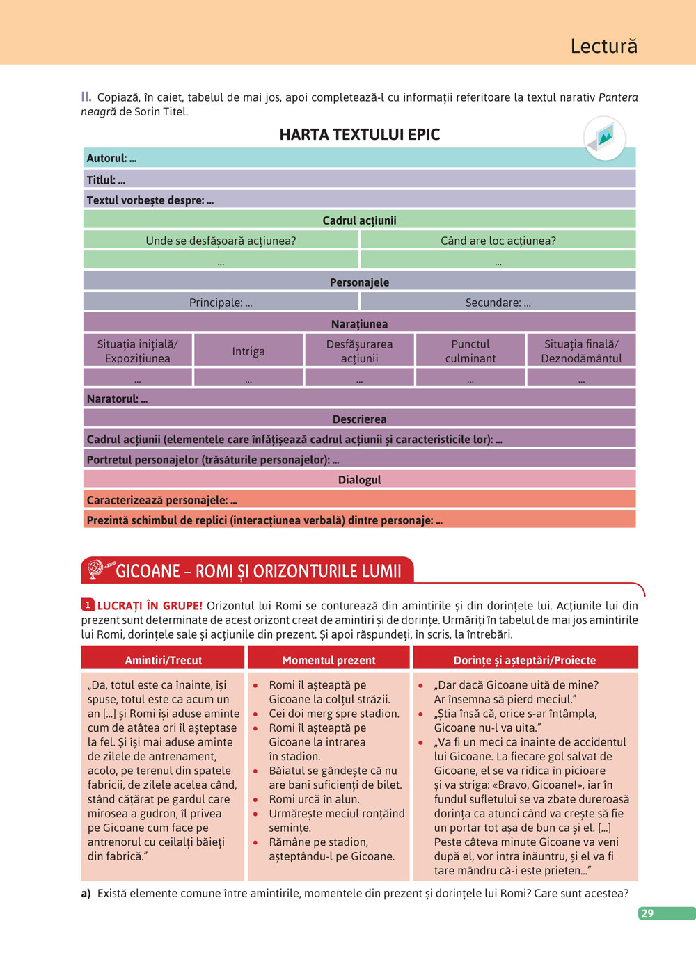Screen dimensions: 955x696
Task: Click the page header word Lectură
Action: click(603, 46)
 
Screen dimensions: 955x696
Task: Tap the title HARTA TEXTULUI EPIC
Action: click(359, 134)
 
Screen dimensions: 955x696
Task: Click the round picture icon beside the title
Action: click(604, 138)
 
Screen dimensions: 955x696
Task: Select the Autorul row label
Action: click(111, 158)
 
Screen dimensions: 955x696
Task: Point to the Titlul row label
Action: click(106, 179)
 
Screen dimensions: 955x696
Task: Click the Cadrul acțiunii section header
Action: click(359, 220)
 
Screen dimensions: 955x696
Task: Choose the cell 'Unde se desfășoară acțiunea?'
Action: click(221, 241)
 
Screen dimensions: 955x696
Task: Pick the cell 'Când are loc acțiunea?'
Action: click(498, 241)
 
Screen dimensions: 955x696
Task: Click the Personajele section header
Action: click(359, 282)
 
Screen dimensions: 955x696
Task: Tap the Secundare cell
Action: click(498, 303)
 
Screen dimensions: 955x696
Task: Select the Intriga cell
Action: click(248, 351)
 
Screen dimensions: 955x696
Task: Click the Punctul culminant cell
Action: click(470, 351)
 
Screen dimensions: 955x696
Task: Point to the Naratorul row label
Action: click(117, 399)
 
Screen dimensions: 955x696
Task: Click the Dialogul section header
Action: click(359, 480)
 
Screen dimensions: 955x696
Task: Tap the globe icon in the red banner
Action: click(95, 569)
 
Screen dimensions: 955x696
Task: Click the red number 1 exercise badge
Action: click(88, 605)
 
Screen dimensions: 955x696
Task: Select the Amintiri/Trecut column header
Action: click(163, 660)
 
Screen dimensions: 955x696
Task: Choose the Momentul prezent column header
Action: click(329, 660)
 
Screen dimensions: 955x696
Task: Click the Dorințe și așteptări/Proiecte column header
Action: click(525, 660)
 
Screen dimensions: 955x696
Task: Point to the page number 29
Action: click(647, 913)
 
